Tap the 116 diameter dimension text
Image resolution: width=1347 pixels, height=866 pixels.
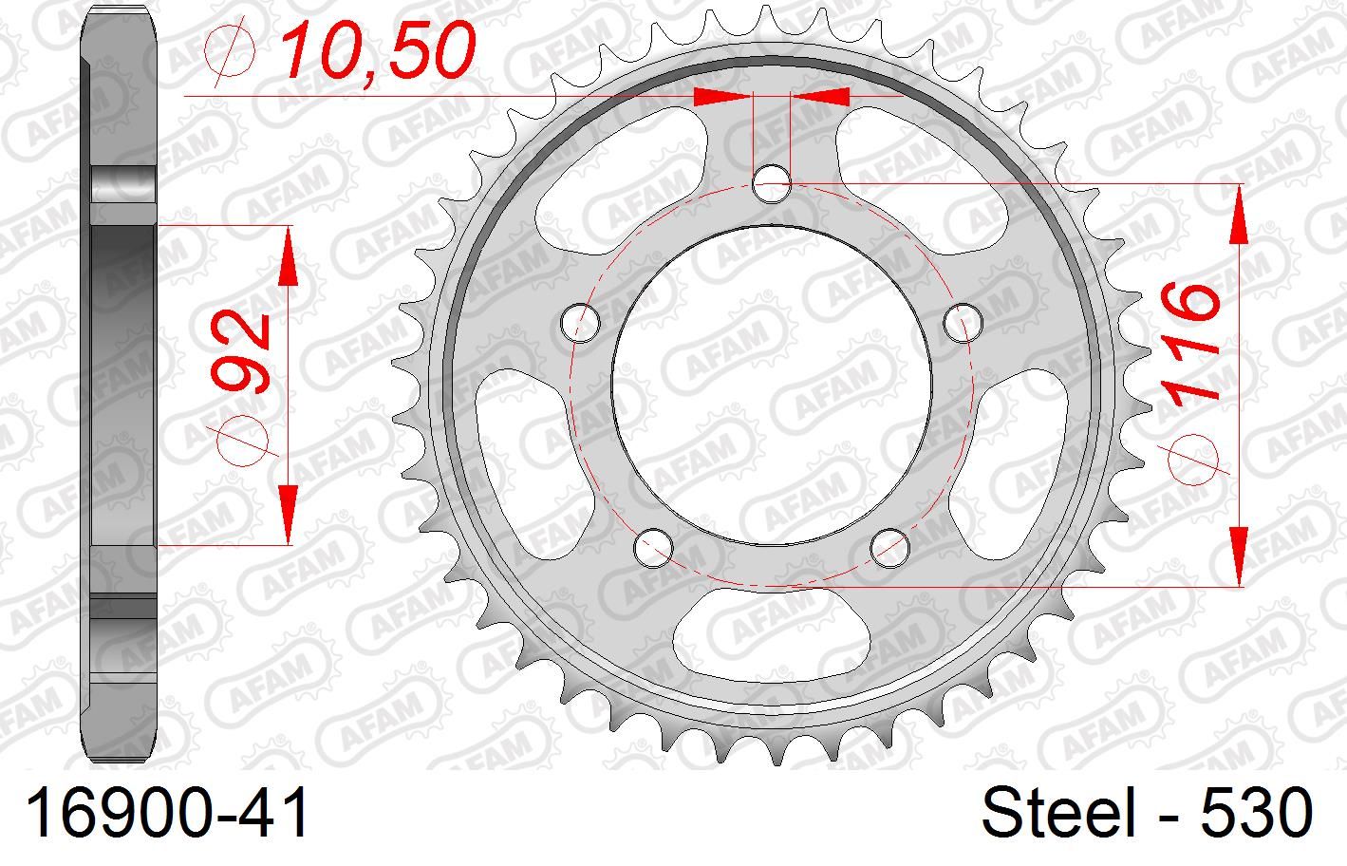click(1190, 342)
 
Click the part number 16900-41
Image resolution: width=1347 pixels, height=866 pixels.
click(169, 815)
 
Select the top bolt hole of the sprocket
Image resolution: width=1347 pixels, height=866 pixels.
click(773, 183)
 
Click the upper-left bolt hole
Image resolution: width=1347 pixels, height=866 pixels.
click(581, 323)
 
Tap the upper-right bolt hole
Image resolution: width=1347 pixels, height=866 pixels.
click(963, 323)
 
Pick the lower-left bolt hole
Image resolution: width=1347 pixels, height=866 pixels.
click(654, 546)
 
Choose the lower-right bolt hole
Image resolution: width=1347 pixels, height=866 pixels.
click(890, 546)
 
